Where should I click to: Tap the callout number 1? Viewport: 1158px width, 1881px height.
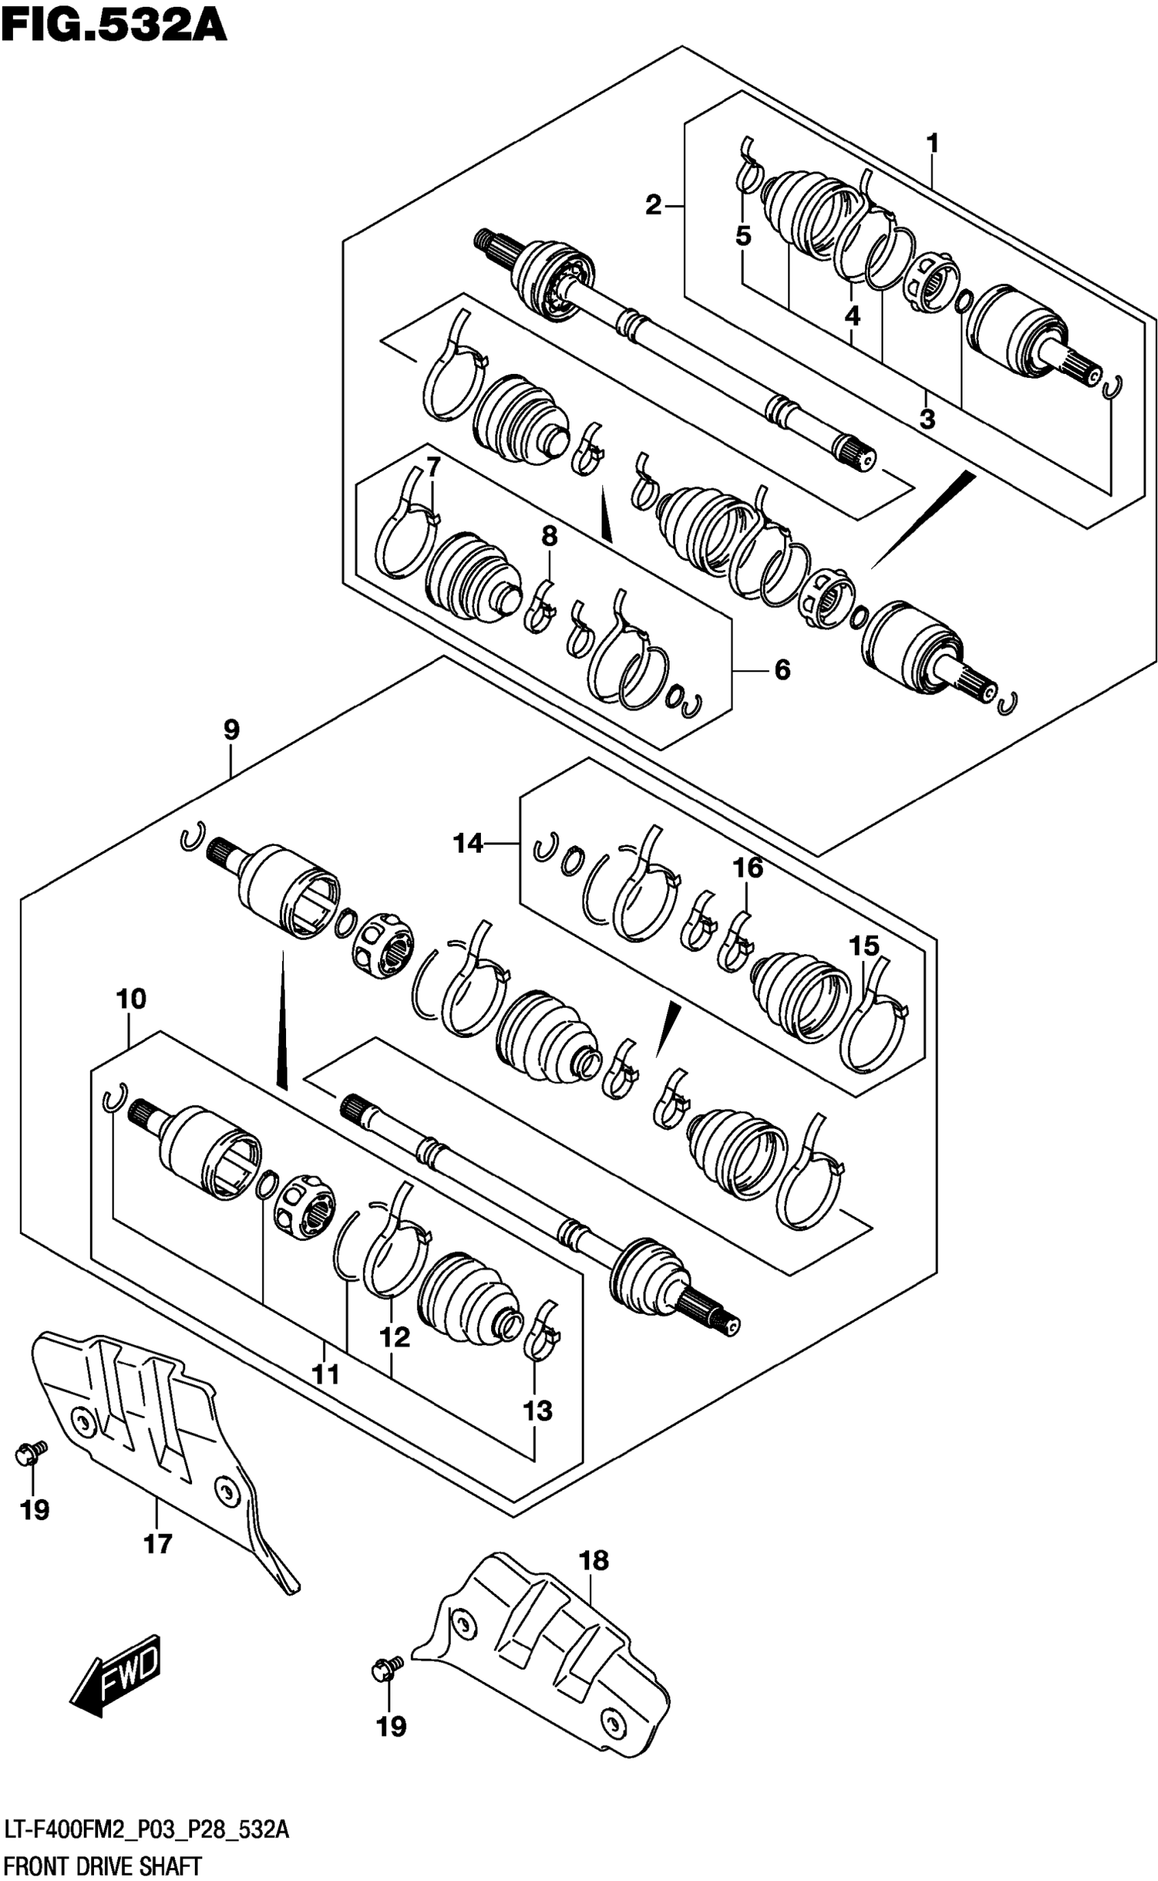932,143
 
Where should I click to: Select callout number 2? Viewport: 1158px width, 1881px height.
653,205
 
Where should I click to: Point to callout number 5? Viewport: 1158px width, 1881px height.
743,236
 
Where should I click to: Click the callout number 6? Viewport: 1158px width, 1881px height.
782,670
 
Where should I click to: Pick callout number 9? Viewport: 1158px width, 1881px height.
232,729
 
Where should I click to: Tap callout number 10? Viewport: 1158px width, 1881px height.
131,998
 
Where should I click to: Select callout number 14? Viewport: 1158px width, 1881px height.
468,844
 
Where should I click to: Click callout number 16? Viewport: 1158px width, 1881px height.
747,868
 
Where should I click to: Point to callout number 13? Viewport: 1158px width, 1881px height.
537,1410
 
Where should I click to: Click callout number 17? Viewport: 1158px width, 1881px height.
158,1544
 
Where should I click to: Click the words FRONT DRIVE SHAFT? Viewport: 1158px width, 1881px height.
102,1867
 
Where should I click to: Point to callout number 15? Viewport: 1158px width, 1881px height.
864,946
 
